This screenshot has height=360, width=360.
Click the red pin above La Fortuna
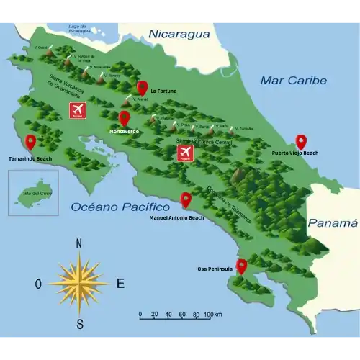pyautogui.click(x=142, y=87)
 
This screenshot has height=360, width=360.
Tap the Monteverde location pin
pyautogui.click(x=124, y=118)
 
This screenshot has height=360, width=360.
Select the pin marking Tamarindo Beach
pyautogui.click(x=30, y=142)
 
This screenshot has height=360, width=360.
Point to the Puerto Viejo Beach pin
pyautogui.click(x=301, y=142)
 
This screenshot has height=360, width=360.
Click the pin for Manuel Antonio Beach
pyautogui.click(x=186, y=199)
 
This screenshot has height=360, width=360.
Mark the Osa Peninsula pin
pyautogui.click(x=241, y=266)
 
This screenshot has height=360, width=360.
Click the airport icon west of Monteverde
pyautogui.click(x=77, y=110)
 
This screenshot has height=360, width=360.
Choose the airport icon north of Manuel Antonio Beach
pyautogui.click(x=186, y=153)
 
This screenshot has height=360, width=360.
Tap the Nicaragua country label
pyautogui.click(x=179, y=34)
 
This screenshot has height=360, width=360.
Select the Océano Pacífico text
pyautogui.click(x=109, y=207)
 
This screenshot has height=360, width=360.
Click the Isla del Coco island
pyautogui.click(x=34, y=194)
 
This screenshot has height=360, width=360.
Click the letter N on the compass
pyautogui.click(x=78, y=243)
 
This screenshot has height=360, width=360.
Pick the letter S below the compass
pyautogui.click(x=80, y=323)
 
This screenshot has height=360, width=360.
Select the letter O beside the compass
pyautogui.click(x=38, y=284)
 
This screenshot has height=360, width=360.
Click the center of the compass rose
pyautogui.click(x=79, y=283)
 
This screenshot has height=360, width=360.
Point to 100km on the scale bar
pyautogui.click(x=212, y=315)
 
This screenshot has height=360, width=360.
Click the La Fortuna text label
pyautogui.click(x=163, y=91)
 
